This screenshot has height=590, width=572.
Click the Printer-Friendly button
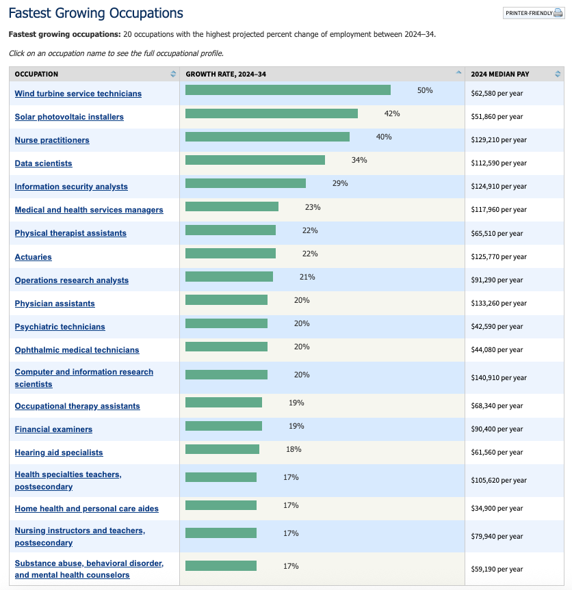[533, 13]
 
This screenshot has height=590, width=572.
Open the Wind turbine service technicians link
[78, 94]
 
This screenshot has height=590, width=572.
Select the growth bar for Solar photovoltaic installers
[271, 113]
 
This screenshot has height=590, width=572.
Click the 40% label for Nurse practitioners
[384, 137]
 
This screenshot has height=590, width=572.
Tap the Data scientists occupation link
[43, 163]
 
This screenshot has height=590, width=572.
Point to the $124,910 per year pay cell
[499, 187]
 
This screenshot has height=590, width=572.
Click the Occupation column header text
[36, 74]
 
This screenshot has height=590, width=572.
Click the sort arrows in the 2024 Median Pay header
[558, 74]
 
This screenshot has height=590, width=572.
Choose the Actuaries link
[33, 257]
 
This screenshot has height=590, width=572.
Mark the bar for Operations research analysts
[229, 277]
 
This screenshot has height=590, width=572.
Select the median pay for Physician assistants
[499, 304]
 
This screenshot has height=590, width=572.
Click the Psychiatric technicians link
[60, 327]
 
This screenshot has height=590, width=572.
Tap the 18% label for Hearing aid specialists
[294, 449]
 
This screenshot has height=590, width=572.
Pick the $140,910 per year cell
[499, 378]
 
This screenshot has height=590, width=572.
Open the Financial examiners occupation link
[53, 429]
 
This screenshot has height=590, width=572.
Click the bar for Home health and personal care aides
[220, 505]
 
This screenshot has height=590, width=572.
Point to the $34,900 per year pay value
[497, 509]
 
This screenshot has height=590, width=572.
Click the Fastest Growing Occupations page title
[96, 13]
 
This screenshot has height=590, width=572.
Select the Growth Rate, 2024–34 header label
[226, 74]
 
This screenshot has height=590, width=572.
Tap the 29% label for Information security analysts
[340, 183]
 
